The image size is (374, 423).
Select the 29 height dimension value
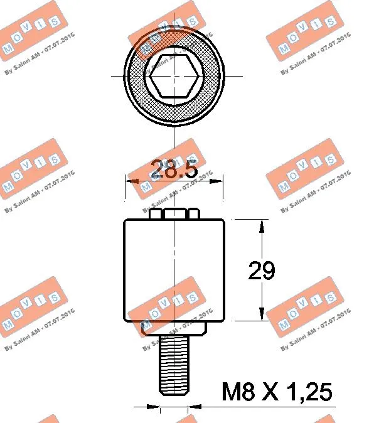(261, 270)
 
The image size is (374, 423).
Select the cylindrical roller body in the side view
(174, 270)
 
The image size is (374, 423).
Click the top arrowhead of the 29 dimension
(261, 223)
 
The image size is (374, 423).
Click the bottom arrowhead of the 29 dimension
(261, 316)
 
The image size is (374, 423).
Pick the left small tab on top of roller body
(155, 215)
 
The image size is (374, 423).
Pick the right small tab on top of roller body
(194, 215)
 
